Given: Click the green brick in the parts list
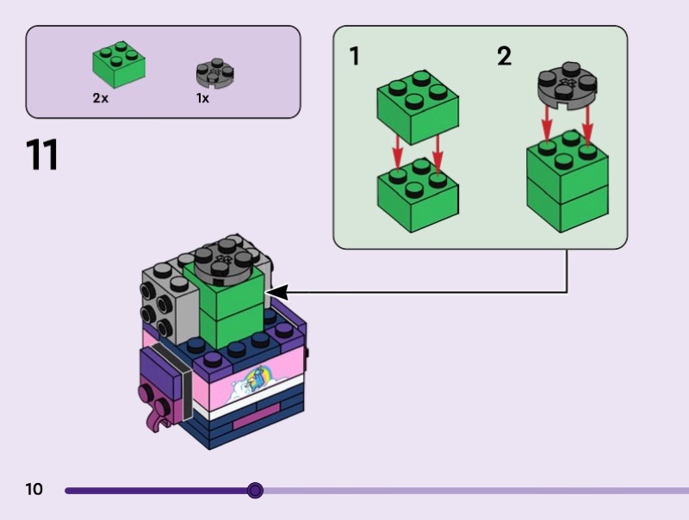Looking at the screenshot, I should point(119,65).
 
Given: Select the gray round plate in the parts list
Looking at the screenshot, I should point(215,72).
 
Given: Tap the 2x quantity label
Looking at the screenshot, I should point(101,98).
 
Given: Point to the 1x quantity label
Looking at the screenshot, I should point(202,98).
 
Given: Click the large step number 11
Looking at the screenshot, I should point(42,155).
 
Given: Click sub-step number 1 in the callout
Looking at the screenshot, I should point(354,57).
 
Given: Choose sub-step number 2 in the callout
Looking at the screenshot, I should point(504,57).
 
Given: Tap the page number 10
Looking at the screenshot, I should point(34,490).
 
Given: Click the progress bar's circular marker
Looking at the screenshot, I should point(255,491).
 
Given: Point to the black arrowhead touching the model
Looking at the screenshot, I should point(277,294).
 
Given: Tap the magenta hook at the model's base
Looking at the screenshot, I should point(154,418).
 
